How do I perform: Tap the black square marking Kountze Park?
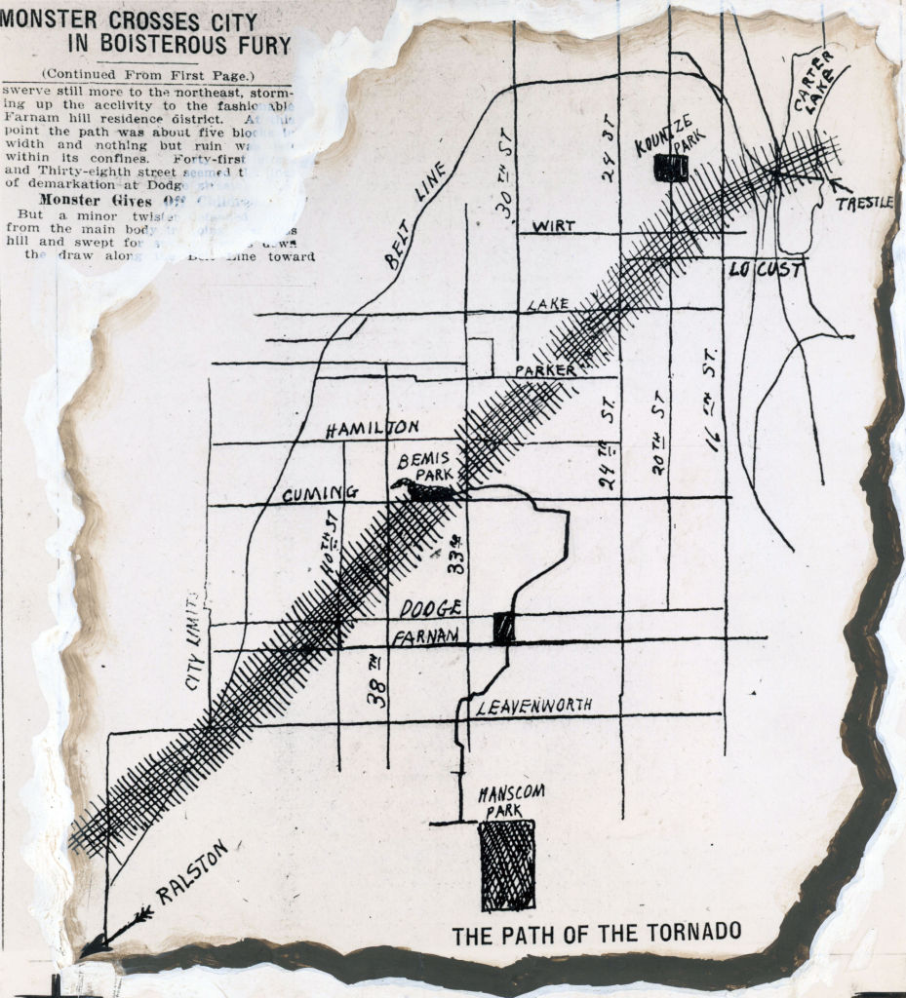[x=671, y=168]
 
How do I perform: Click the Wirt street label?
[x=552, y=226]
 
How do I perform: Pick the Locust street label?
[x=766, y=269]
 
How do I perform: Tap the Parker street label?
[x=545, y=370]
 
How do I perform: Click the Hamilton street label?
[x=373, y=429]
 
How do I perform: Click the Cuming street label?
[x=320, y=494]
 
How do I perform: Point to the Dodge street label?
[x=430, y=608]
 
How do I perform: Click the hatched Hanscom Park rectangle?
[x=507, y=864]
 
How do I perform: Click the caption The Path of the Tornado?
[x=596, y=933]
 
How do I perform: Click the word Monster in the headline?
[x=49, y=19]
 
